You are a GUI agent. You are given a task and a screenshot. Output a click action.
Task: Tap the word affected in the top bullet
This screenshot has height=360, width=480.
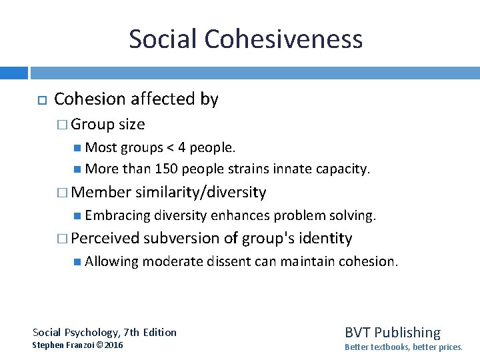coord(163,99)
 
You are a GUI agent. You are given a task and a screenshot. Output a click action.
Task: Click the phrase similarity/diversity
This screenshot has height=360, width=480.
coord(201,193)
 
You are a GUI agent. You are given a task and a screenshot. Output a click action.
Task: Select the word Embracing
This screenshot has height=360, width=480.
coord(118,215)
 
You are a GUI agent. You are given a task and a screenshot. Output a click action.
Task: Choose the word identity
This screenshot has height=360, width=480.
coord(325,238)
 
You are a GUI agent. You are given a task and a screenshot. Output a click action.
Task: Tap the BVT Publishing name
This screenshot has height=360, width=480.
coord(392,332)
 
